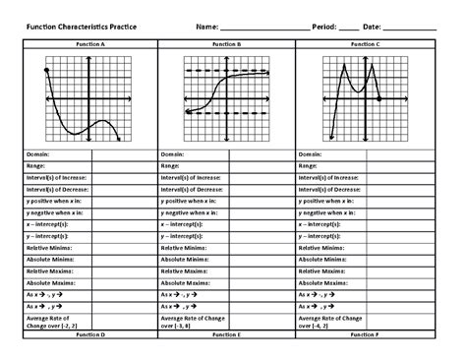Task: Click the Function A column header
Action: pos(88,45)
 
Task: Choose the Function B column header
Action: pos(225,45)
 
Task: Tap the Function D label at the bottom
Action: pos(88,335)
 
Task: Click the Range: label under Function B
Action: pos(174,165)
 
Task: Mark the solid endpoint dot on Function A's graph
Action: pos(46,72)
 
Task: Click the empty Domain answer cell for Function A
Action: pos(123,154)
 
